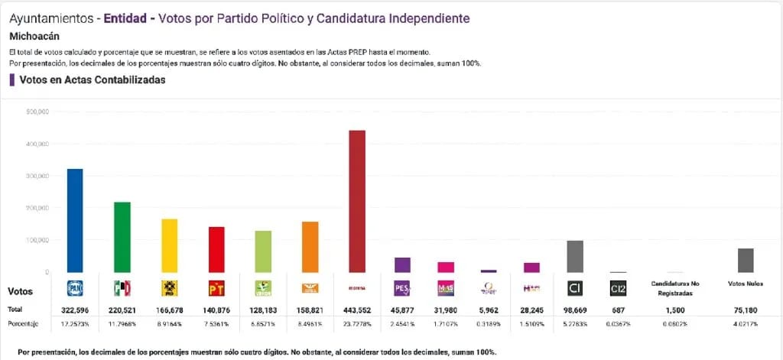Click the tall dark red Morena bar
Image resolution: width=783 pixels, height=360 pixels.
[x=356, y=201]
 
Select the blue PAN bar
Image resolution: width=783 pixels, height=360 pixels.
[x=75, y=220]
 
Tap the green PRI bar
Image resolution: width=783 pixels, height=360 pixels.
[x=122, y=237]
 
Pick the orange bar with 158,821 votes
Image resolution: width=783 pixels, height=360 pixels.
[x=310, y=247]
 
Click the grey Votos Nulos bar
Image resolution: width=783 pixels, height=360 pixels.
[x=746, y=260]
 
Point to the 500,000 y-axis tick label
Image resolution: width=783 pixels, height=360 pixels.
[x=37, y=112]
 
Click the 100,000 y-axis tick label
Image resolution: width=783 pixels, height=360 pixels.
[x=37, y=240]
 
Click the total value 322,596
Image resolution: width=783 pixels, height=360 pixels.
[x=75, y=309]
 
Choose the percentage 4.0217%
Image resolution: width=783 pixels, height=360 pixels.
[x=746, y=325]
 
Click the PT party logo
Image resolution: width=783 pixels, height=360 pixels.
[x=216, y=288]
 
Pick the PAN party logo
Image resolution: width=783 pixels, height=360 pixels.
[x=75, y=288]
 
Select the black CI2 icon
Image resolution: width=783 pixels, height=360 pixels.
[x=619, y=288]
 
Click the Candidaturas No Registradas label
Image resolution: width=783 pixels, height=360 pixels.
[x=674, y=288]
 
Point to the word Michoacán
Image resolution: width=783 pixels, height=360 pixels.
[x=34, y=36]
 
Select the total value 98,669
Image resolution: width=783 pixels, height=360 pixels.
[x=575, y=309]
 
